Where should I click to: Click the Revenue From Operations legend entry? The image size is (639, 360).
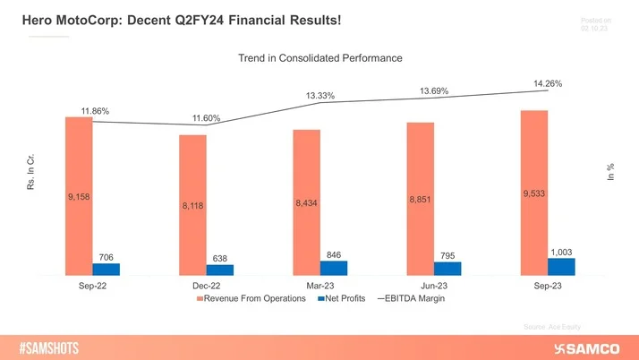click(255, 299)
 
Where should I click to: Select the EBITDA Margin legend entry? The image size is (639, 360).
click(410, 299)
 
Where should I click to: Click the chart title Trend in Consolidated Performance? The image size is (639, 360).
click(319, 58)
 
